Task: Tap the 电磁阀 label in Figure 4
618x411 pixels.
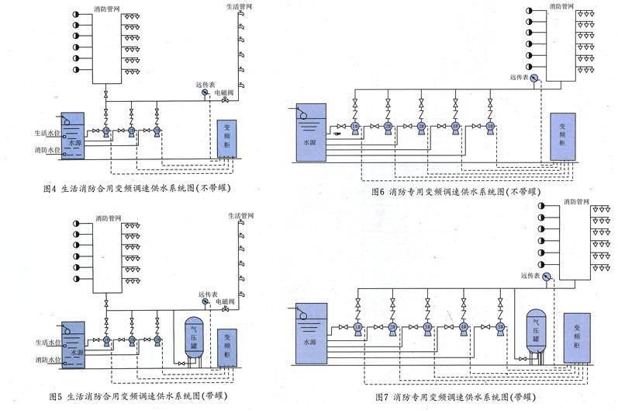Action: point(225,92)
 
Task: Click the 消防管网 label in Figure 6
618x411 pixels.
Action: point(561,6)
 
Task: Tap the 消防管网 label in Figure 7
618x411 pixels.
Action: point(575,201)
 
